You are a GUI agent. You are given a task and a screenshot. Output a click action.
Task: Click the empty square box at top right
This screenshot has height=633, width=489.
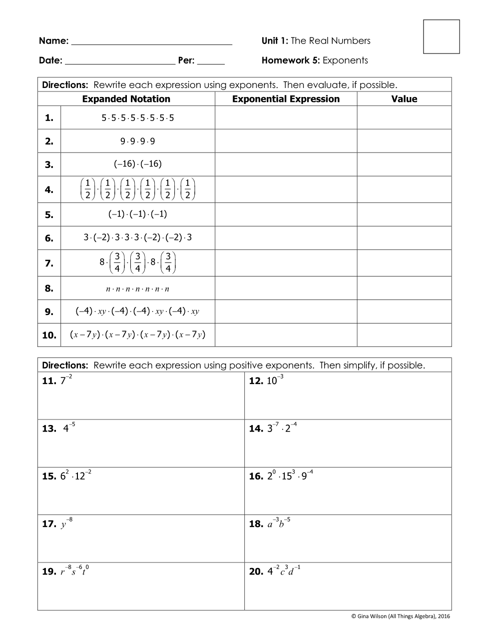coord(441,36)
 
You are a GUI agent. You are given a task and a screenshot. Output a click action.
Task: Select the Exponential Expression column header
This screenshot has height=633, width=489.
coord(286,99)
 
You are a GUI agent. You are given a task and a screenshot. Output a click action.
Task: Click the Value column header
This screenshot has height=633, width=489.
coord(404,99)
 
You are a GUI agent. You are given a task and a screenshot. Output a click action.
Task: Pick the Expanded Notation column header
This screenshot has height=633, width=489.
coord(126,99)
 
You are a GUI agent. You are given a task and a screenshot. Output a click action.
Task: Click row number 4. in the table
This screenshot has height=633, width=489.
coord(49,190)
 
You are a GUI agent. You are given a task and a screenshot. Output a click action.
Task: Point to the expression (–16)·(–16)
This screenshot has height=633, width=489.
coord(137,164)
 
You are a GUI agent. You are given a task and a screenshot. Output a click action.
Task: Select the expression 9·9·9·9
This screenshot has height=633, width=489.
coord(137,141)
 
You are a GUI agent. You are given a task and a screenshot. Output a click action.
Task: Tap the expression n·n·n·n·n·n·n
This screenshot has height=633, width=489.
coord(137,289)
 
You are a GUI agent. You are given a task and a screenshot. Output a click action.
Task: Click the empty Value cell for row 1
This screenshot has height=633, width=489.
coord(404,118)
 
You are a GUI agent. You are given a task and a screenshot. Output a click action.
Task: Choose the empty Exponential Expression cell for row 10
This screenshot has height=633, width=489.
coord(286,335)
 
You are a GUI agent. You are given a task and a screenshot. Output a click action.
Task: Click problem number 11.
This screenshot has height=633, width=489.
coord(49,381)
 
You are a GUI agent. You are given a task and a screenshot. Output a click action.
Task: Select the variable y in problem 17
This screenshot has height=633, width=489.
coord(64,524)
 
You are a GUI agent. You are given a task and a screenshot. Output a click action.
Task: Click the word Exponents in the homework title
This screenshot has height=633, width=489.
coord(345,60)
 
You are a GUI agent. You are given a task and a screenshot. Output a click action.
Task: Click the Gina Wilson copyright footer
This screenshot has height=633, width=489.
coord(401,616)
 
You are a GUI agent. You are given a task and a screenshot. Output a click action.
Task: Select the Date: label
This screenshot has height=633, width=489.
coord(50,61)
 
